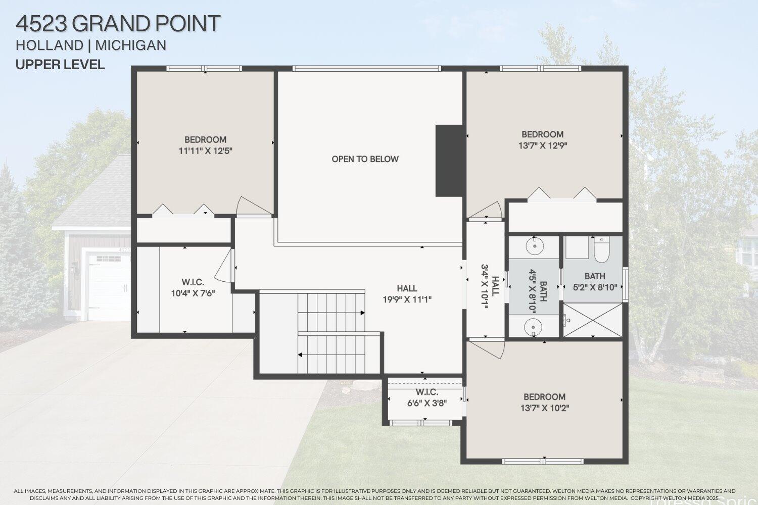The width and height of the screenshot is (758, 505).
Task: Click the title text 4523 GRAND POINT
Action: click(118, 23)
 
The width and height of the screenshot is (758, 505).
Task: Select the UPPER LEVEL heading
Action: click(60, 65)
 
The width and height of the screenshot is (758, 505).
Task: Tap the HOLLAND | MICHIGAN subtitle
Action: click(91, 45)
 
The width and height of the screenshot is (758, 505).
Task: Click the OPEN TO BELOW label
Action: click(365, 159)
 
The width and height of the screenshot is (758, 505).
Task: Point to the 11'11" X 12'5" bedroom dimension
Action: click(205, 150)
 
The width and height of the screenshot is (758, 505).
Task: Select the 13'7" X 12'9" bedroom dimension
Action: click(543, 145)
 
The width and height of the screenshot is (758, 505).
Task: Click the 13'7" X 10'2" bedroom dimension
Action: click(544, 408)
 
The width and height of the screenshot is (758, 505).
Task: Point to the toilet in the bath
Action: click(601, 250)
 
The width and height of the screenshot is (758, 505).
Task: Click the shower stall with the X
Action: click(593, 320)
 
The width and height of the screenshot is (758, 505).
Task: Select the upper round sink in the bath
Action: click(534, 246)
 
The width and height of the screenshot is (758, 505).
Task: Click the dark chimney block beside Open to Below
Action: click(449, 161)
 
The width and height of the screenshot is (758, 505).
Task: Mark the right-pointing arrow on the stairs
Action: click(362, 313)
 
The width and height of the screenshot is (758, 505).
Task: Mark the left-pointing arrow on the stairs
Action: click(301, 355)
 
